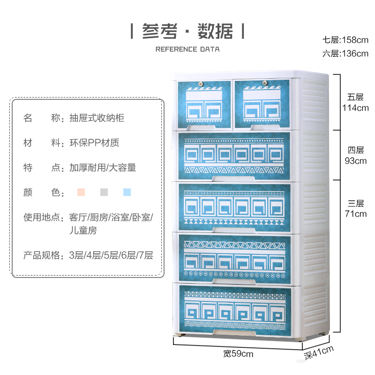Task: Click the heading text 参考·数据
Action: click(187, 31)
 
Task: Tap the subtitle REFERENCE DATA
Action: click(187, 49)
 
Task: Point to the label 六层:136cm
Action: click(345, 53)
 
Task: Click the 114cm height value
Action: click(355, 108)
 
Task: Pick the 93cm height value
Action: click(355, 161)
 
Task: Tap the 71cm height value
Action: click(355, 214)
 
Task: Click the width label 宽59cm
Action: click(238, 353)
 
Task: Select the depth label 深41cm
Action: click(319, 352)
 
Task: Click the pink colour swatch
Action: click(81, 192)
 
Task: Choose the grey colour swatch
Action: click(104, 192)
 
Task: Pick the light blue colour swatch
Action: click(127, 192)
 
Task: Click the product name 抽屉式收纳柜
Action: click(97, 118)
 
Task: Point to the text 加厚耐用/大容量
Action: click(103, 167)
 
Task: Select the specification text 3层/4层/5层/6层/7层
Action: click(111, 255)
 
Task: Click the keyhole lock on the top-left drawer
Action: click(202, 83)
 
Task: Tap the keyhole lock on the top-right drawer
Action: click(264, 83)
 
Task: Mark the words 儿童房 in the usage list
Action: click(83, 231)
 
